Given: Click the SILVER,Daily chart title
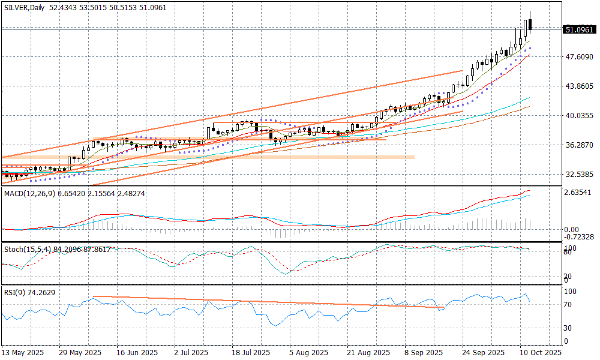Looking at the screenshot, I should point(25,7).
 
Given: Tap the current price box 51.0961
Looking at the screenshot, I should point(580,29).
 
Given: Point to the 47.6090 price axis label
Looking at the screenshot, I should point(579,57).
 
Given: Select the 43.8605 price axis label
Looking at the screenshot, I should point(579,86).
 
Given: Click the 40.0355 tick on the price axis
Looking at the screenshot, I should point(579,116).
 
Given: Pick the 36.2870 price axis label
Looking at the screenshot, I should point(579,145).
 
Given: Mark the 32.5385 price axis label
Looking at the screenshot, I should point(579,175).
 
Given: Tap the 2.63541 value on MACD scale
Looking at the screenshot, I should point(579,193).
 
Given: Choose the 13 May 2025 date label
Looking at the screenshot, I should point(23,353).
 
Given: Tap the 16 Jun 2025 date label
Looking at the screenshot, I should point(137,353).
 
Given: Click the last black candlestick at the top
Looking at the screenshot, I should point(530,25).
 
